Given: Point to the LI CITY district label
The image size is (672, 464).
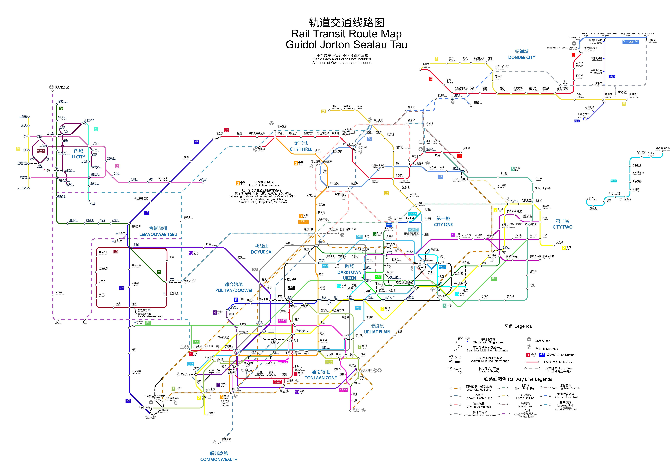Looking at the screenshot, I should pos(78,157).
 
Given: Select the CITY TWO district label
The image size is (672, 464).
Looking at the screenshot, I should pos(562,227).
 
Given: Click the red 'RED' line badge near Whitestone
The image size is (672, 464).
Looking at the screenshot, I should pos(573,55).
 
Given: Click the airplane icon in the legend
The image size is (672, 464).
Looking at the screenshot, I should pos(529,340).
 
